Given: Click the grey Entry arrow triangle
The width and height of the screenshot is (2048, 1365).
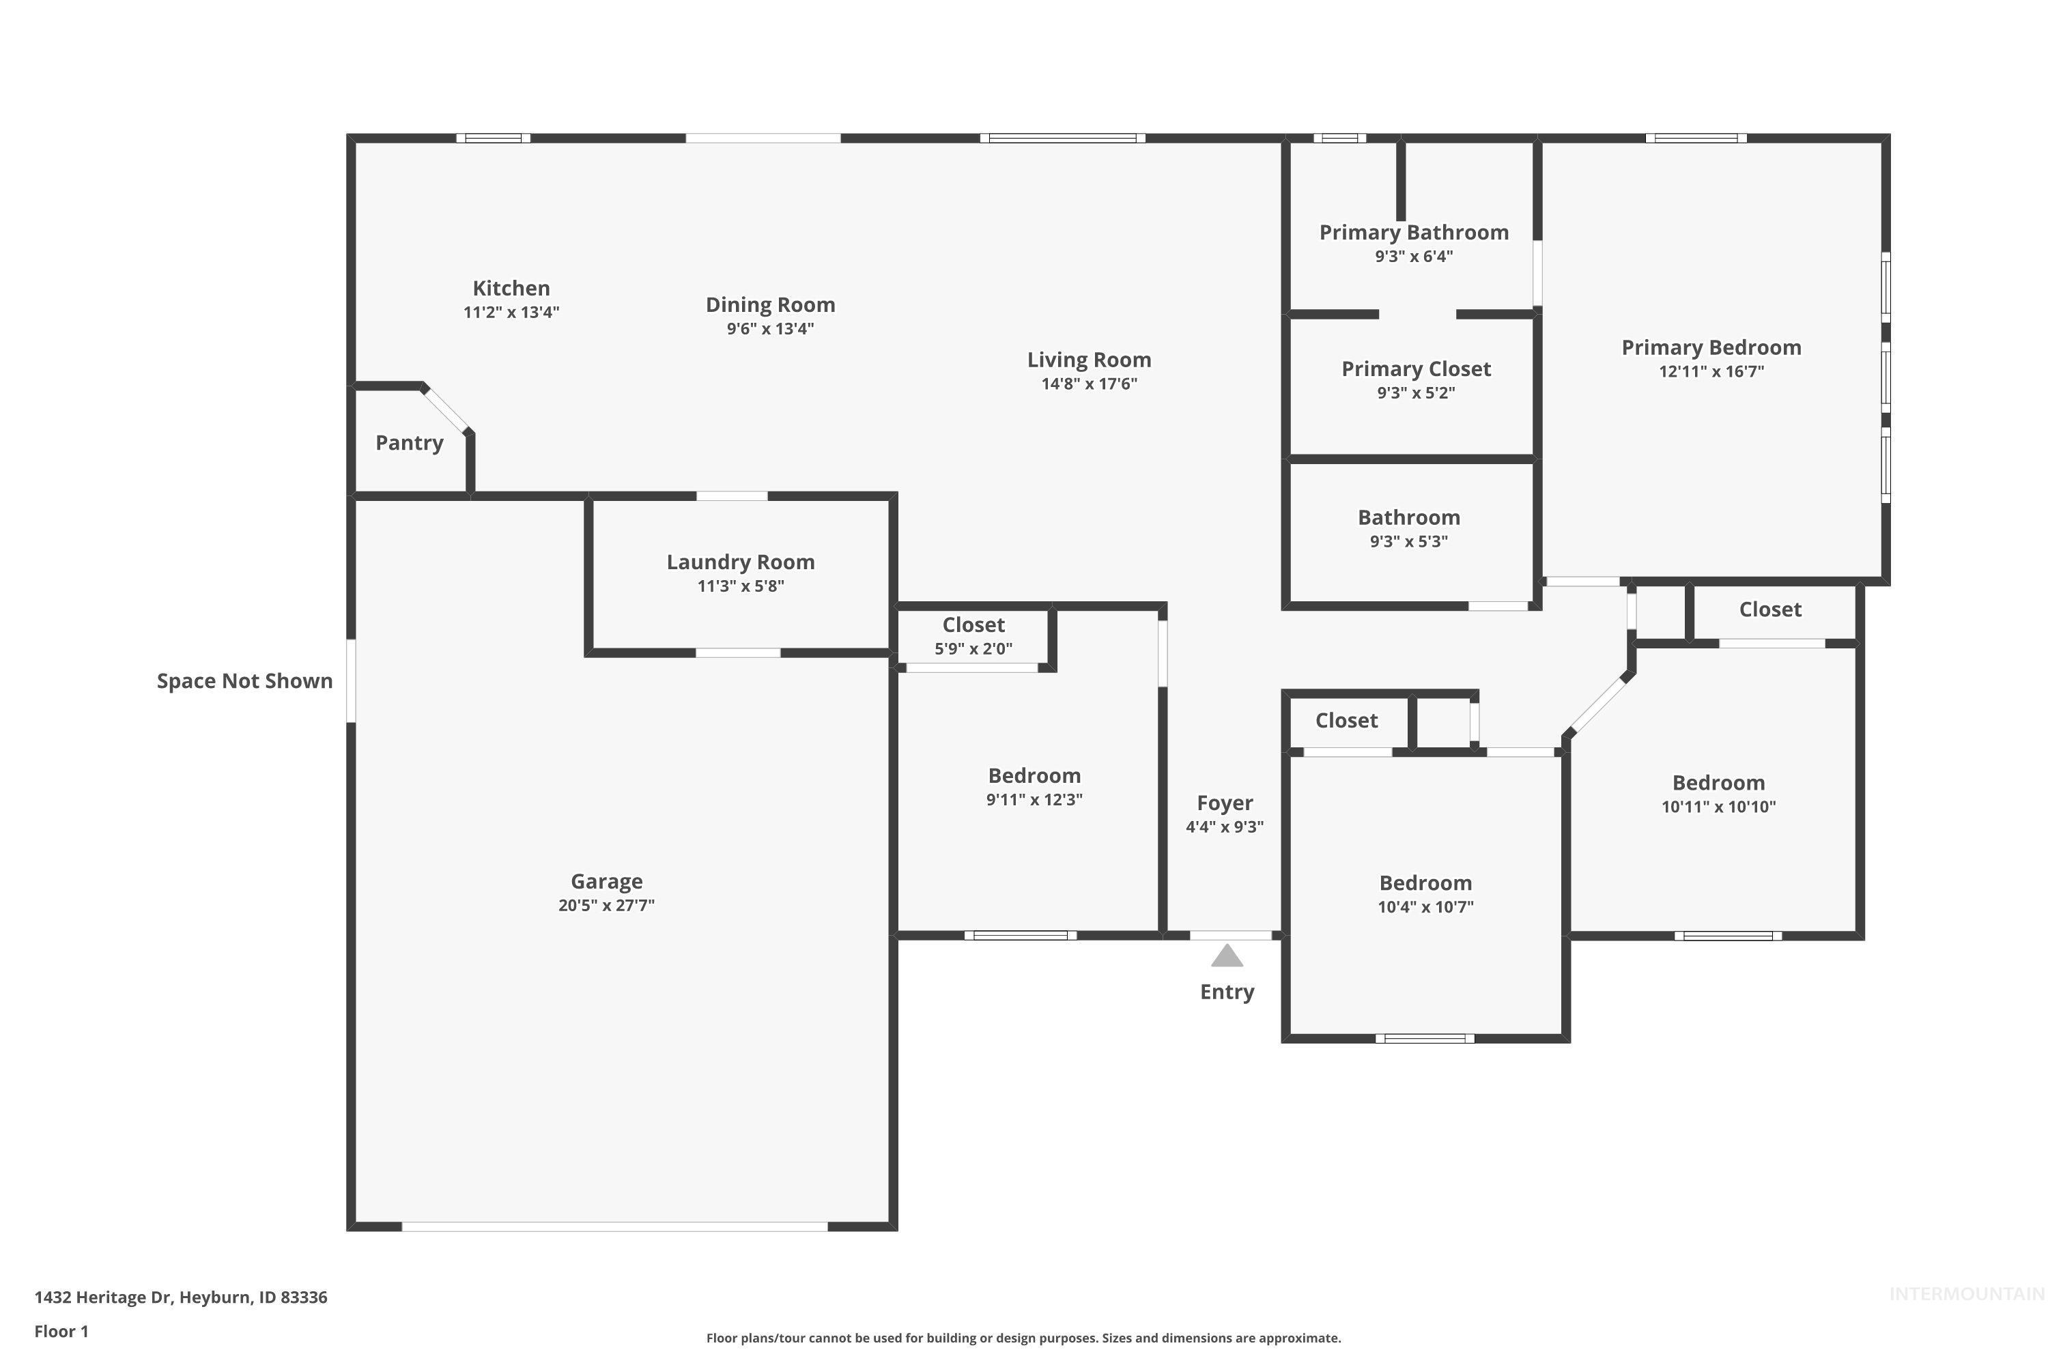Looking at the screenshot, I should point(1227,957).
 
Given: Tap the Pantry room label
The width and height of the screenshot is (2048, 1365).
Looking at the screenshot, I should point(409,443).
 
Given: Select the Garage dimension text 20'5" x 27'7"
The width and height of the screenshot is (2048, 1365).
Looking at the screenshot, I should point(606,906).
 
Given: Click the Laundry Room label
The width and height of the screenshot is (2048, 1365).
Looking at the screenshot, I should point(740,562).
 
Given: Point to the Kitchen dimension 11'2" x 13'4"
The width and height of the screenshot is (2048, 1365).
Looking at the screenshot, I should point(511,313).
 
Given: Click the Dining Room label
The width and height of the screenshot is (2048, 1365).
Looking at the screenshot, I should point(770,304).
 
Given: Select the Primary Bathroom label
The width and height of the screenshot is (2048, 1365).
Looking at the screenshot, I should point(1413,233).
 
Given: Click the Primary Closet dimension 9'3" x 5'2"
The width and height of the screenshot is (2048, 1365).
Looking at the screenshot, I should point(1416,392).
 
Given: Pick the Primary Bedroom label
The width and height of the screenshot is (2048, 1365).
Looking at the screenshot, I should point(1711,347).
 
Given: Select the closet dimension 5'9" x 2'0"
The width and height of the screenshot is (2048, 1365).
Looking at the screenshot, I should point(973,648).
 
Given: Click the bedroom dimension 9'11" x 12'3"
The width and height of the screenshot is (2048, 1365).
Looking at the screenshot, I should point(1034,799).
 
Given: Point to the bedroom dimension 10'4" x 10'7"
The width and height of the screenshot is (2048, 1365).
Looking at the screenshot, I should point(1425,907).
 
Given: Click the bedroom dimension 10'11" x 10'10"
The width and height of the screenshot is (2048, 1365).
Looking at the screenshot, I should point(1718,807).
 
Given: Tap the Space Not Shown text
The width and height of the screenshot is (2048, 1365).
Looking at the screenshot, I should point(244,680).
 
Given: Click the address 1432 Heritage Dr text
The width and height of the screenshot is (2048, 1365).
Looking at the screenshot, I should point(180,1297).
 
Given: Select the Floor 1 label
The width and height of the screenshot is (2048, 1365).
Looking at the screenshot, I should point(61,1331).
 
